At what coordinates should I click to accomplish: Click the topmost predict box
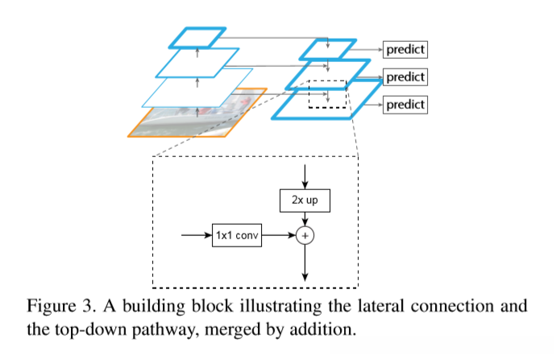click(x=404, y=49)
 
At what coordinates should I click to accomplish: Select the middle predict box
click(x=404, y=77)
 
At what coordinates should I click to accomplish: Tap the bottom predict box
click(x=404, y=104)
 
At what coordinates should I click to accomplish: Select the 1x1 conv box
click(x=238, y=236)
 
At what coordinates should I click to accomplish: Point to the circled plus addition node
click(x=305, y=236)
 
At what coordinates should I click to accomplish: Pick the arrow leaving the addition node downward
click(x=305, y=263)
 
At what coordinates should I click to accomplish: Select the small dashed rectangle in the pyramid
click(x=327, y=93)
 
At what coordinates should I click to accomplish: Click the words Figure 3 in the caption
click(x=57, y=308)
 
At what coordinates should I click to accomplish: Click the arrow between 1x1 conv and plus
click(x=280, y=236)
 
